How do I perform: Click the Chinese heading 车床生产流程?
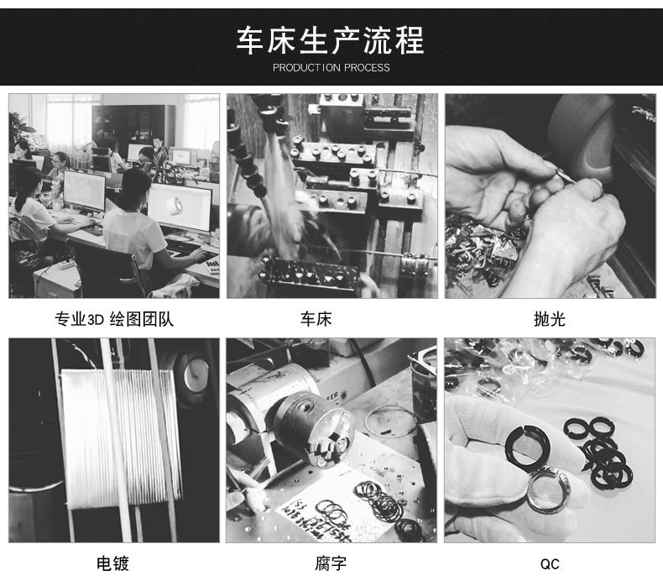[331, 39]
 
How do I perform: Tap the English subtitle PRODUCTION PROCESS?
[331, 67]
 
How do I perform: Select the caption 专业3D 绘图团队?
[114, 319]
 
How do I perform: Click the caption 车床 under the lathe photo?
[331, 319]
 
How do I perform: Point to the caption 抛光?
[550, 319]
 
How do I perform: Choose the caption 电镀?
[114, 563]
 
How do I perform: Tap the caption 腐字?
[331, 563]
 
